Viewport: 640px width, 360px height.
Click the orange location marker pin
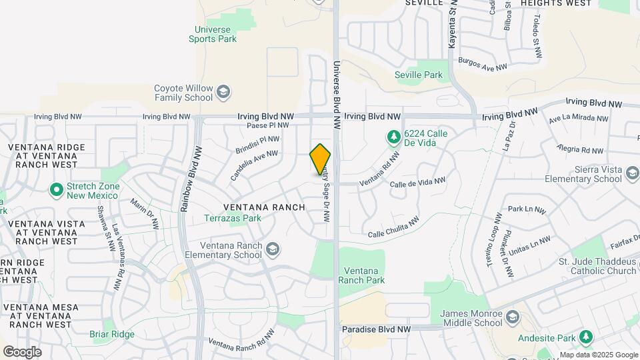pos(320,159)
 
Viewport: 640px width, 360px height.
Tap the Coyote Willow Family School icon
pos(224,91)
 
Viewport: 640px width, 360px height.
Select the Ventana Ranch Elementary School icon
pos(272,249)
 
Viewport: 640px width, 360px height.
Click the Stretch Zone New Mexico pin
pos(57,190)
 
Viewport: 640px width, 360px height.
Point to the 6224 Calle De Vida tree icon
pos(393,137)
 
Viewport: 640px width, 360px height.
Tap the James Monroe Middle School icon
pos(512,315)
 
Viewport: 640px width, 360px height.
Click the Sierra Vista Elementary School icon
pos(632,175)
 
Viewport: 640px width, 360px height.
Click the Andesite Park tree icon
pos(585,337)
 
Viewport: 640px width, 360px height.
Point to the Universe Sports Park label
pos(213,34)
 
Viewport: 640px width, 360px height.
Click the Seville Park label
pos(419,75)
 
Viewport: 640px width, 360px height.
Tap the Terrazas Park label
pos(233,218)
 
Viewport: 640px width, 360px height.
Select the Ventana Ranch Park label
pos(362,275)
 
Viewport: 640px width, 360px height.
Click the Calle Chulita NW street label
pos(393,227)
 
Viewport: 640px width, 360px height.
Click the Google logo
pos(22,351)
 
